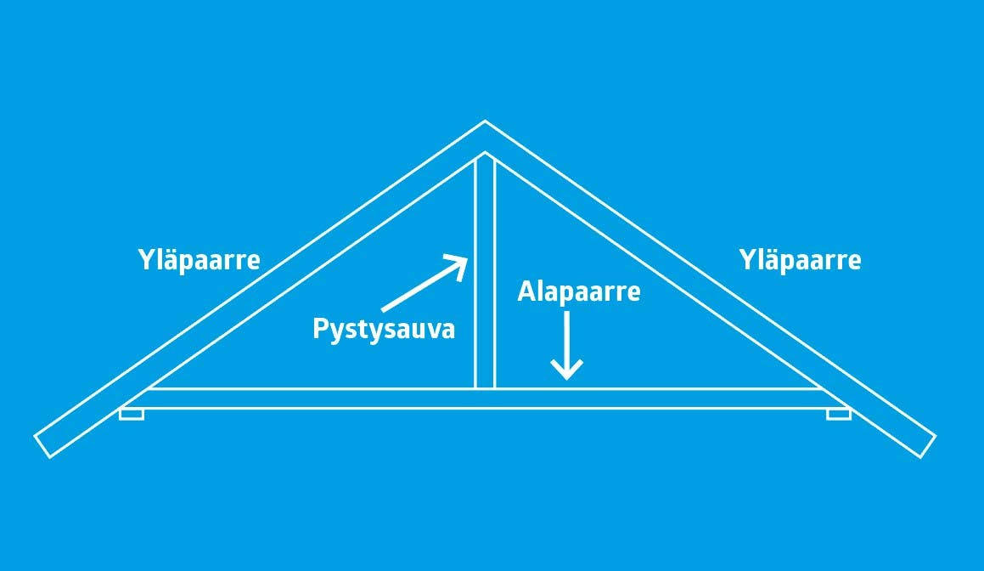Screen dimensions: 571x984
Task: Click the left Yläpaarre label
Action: tap(199, 259)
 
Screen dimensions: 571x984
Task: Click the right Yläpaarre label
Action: tap(800, 259)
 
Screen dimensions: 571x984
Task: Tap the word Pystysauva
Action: tap(384, 329)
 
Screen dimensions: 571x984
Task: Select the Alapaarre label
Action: tap(579, 292)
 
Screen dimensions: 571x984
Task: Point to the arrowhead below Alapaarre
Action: tap(566, 370)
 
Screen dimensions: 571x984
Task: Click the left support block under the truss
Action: tap(132, 414)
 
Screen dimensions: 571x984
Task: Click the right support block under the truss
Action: tap(838, 414)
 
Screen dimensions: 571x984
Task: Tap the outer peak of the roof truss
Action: tap(485, 122)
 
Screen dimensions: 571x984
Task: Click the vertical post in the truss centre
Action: tap(485, 280)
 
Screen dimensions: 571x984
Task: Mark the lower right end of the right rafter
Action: tap(926, 445)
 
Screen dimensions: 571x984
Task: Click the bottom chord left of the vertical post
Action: tap(306, 399)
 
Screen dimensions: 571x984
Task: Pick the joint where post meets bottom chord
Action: tap(485, 390)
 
